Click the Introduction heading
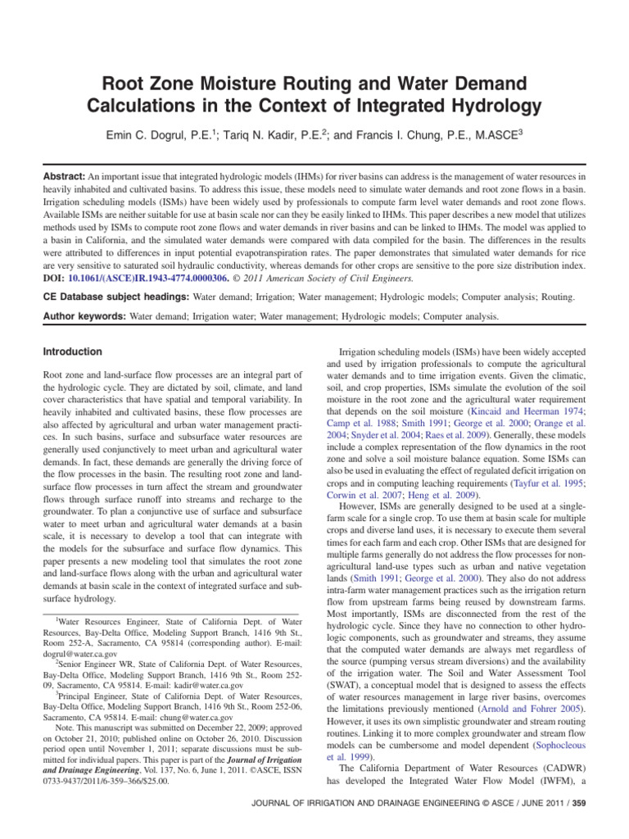[72, 351]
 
